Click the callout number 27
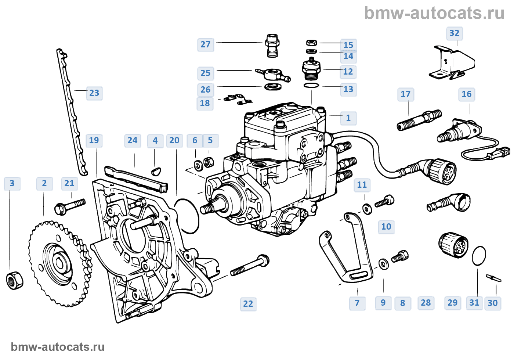206,45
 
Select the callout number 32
454,33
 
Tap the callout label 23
94,93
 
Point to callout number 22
248,304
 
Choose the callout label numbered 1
348,118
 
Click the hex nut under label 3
15,280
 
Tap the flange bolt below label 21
69,207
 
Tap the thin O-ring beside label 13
311,86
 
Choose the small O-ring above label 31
479,255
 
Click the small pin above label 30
493,278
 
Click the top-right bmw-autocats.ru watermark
434,14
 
